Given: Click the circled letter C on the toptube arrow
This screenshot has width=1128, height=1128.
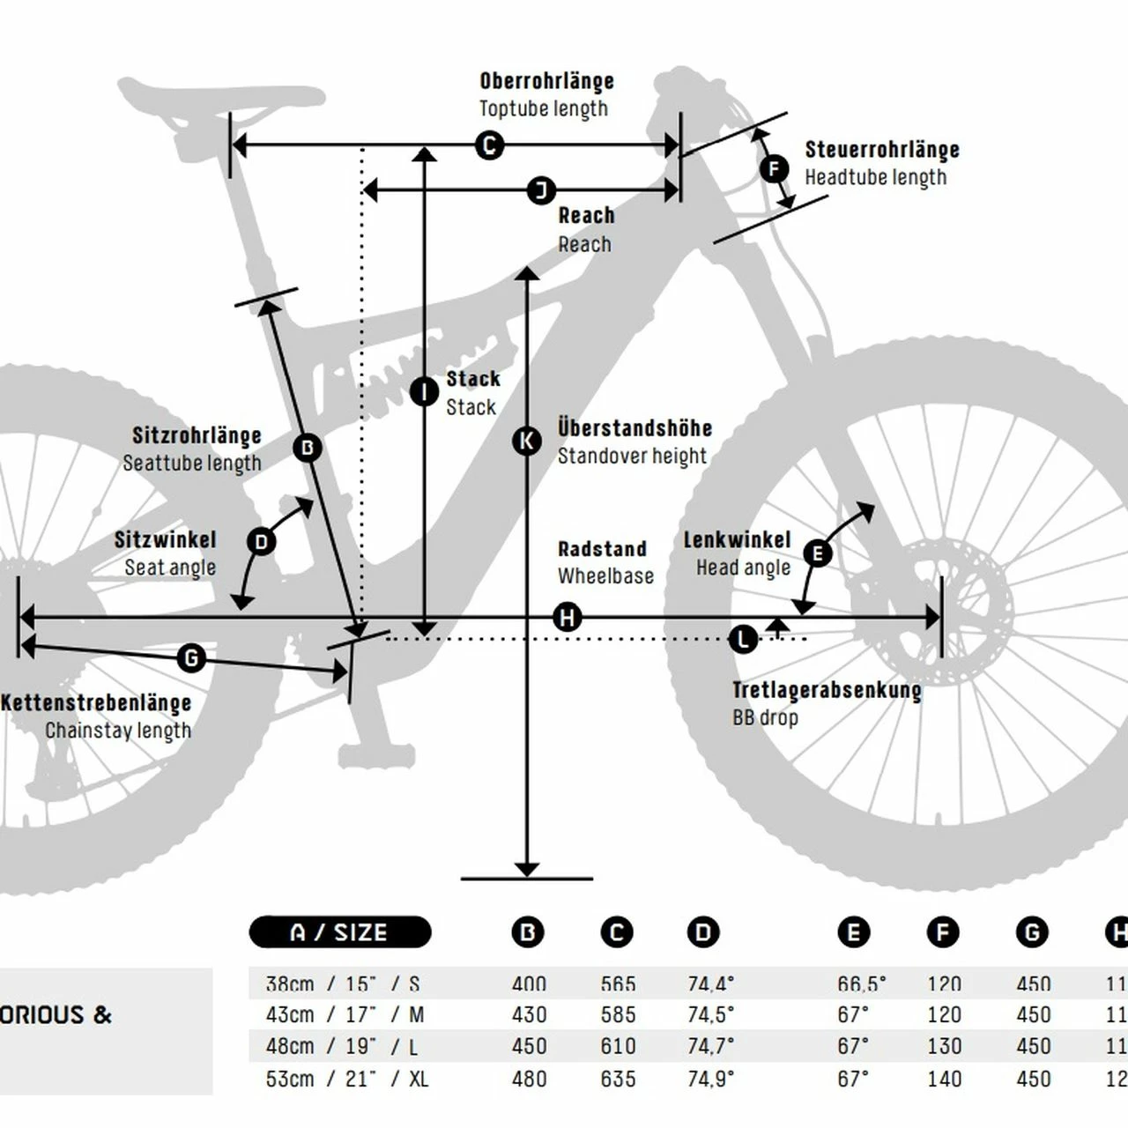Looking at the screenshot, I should (489, 145).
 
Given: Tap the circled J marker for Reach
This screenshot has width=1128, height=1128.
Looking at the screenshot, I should (541, 189).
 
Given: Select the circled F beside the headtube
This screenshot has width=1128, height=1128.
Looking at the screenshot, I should (774, 168).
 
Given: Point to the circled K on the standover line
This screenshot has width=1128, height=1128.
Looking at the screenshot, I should (527, 441).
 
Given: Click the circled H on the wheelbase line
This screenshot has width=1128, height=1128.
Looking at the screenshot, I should (568, 618).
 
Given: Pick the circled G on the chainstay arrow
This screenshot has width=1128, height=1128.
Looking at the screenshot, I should (191, 657).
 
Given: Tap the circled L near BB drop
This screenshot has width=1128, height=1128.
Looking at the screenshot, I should (744, 639).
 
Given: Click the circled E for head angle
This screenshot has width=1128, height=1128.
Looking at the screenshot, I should (818, 553).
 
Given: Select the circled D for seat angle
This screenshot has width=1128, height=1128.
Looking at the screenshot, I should (261, 541).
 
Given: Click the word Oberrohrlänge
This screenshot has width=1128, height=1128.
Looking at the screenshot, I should (546, 81).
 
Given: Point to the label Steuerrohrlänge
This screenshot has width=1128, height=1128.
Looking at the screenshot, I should (882, 149).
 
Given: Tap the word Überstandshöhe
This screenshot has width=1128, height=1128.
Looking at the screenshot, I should (634, 428).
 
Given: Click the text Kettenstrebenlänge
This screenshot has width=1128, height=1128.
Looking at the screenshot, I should (96, 703).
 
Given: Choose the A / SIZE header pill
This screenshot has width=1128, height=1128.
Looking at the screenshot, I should (340, 932).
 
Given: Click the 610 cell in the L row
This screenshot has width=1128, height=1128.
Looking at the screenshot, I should (618, 1046).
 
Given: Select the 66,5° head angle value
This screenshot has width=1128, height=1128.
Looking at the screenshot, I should (862, 983).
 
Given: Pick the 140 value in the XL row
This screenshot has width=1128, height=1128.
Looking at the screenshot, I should (944, 1079).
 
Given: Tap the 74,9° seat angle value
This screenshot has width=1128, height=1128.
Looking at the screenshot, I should (710, 1079).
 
